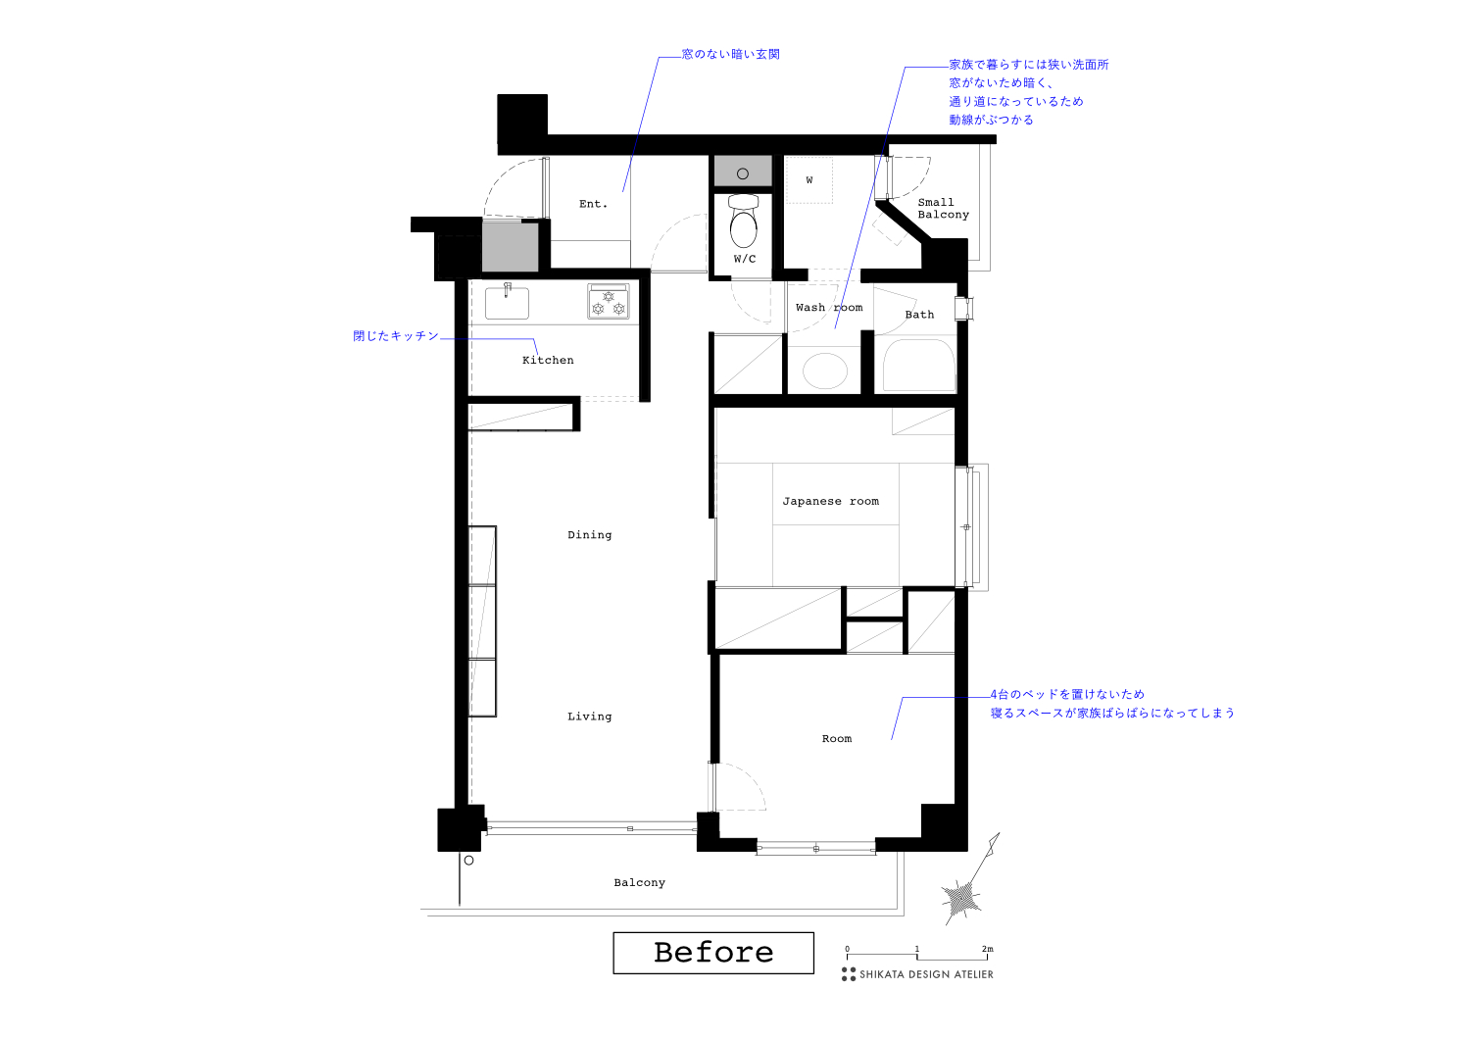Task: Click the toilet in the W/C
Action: pos(744,224)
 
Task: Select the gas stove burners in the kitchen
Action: pos(609,303)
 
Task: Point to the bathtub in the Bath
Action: pos(918,367)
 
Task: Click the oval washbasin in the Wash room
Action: pos(824,371)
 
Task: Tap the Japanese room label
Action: pos(830,501)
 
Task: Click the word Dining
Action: pos(589,535)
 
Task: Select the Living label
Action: pos(589,717)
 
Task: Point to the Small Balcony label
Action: pos(942,209)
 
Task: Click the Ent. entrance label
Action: pos(593,204)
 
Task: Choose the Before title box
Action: pos(713,953)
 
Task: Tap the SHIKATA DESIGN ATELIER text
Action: pos(926,974)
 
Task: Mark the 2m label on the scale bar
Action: pos(987,949)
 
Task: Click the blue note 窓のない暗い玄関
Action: pos(731,54)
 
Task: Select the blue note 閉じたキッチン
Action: pos(396,336)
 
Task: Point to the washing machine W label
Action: pos(809,180)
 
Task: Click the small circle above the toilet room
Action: pos(743,173)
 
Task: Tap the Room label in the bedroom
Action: pos(837,739)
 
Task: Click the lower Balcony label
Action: pos(639,883)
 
